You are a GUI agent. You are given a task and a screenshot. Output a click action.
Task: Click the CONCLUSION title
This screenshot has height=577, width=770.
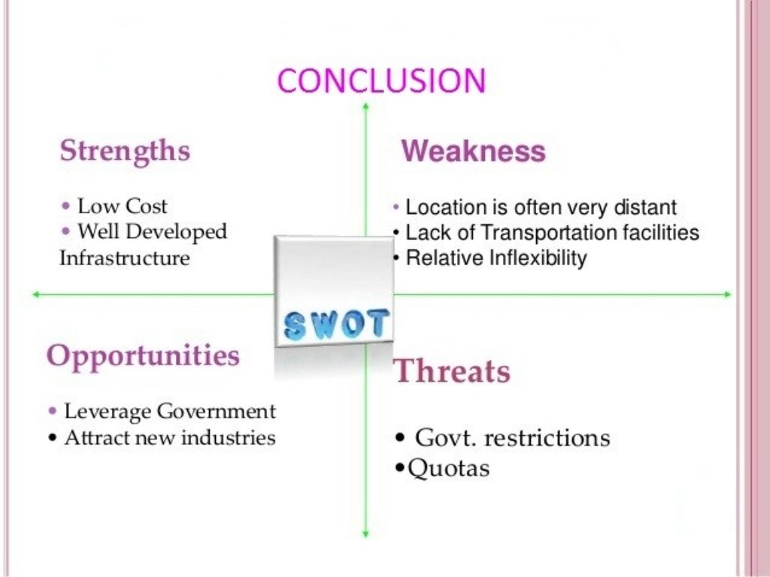(381, 80)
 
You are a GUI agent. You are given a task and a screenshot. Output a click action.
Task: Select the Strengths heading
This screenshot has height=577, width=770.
(125, 150)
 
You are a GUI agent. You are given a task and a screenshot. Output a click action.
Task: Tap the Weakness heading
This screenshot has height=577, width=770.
(473, 152)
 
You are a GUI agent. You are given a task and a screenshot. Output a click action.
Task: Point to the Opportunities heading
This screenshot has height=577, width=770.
(143, 355)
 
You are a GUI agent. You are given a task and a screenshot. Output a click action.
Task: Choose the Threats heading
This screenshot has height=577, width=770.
(453, 371)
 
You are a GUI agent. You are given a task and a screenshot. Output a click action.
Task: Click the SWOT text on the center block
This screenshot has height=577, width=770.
(335, 323)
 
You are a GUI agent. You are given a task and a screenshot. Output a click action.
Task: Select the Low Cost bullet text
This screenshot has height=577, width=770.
(122, 206)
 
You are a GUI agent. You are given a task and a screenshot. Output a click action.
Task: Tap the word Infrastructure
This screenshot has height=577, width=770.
(124, 258)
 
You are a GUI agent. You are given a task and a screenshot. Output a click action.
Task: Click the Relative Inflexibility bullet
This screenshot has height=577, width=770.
(496, 258)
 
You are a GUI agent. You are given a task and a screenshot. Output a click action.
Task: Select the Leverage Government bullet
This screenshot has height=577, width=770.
(169, 412)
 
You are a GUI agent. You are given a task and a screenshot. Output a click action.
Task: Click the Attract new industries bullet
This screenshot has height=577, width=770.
(169, 437)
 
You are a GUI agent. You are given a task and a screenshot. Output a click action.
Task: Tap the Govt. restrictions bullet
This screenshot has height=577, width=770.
(512, 437)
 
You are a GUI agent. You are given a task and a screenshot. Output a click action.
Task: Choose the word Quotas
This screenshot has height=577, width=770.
(448, 469)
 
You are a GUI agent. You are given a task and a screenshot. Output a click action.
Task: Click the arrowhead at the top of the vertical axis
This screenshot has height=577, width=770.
(365, 106)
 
